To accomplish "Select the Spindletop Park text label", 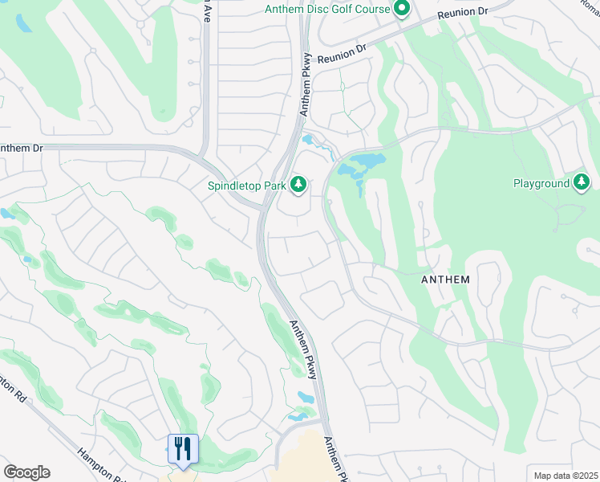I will (245, 186).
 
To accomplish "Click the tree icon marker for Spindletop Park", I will (298, 186).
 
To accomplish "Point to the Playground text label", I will (541, 183).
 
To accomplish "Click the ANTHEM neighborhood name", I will (445, 280).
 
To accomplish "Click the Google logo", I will (26, 472).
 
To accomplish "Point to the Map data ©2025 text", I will (565, 476).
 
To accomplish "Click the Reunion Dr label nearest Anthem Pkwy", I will (342, 54).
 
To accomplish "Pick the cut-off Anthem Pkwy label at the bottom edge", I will (335, 460).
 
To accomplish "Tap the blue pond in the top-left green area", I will (23, 22).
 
